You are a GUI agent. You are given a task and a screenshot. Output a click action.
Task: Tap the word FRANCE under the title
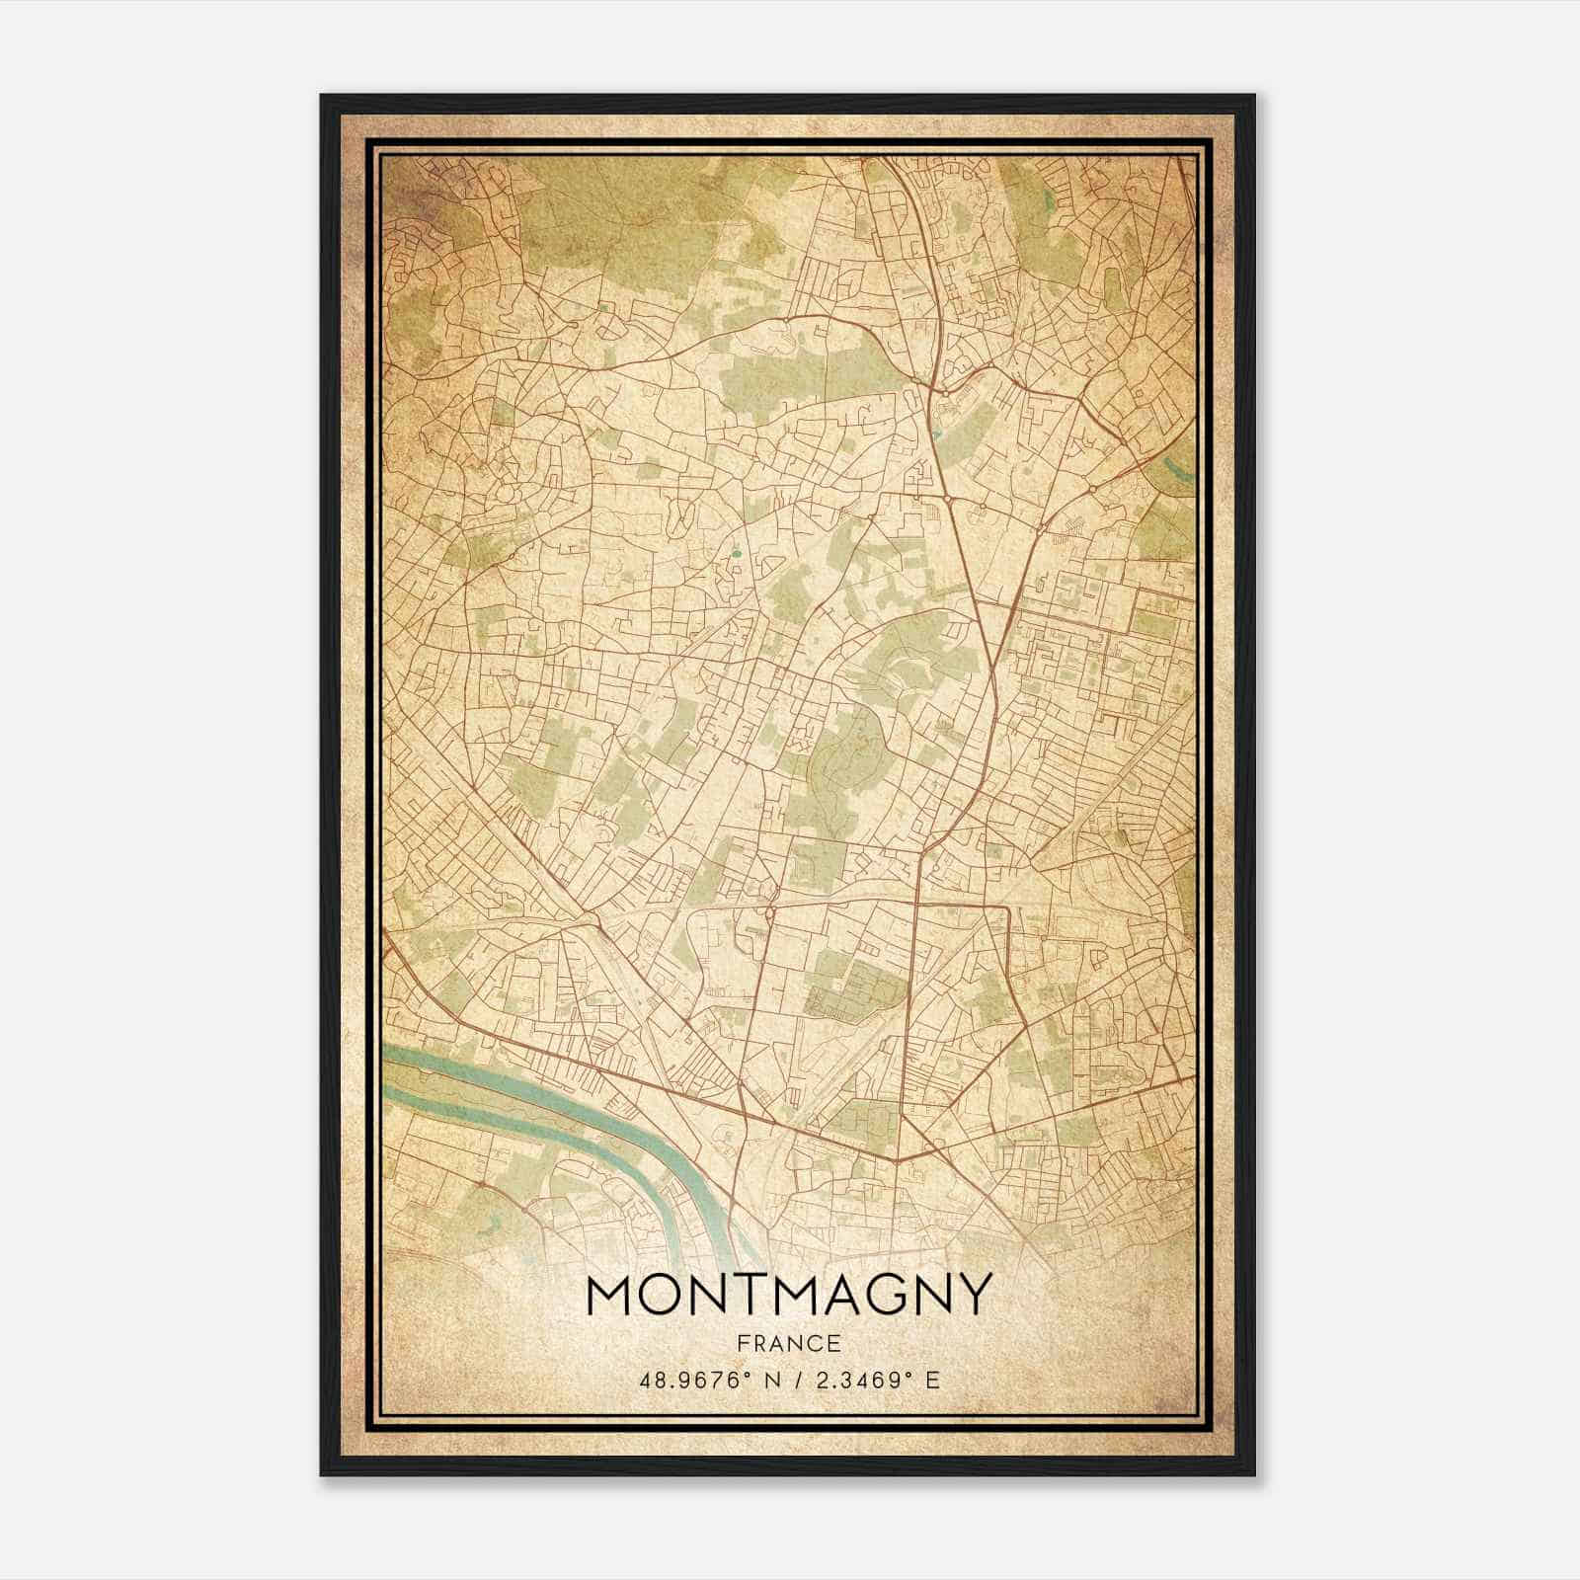pos(788,1343)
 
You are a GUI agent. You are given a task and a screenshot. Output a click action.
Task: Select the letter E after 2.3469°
pos(932,1380)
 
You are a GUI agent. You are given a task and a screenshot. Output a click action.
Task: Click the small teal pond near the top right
pos(1049,204)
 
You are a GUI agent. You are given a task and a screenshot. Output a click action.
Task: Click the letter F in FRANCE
pos(743,1343)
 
